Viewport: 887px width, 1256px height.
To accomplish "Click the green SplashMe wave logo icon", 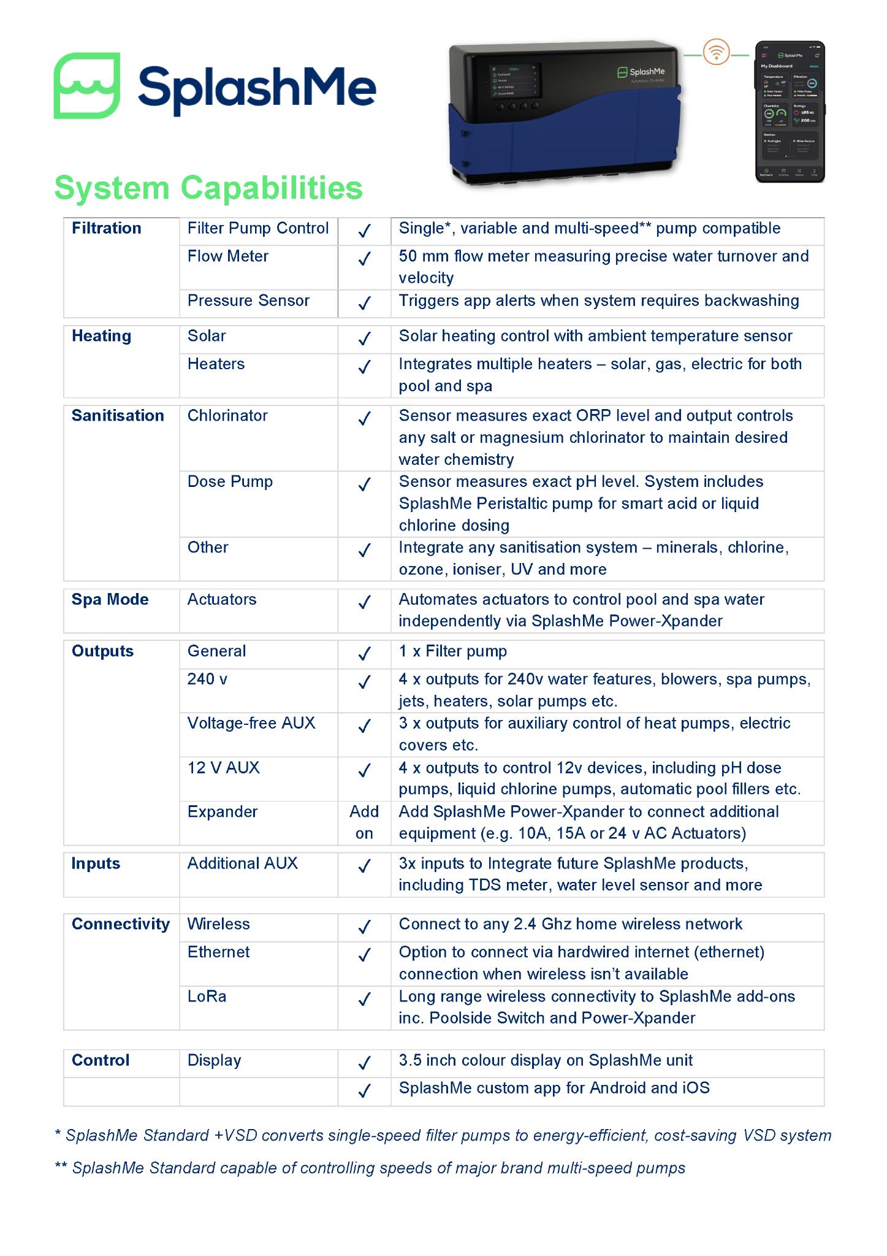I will click(x=86, y=85).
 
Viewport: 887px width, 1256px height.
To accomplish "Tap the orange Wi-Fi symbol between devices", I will click(x=716, y=53).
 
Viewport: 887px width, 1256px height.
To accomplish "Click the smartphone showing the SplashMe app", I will click(x=790, y=112).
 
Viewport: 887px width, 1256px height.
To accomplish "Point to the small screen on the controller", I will click(x=513, y=80).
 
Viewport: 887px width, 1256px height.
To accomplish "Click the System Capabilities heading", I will click(x=208, y=188).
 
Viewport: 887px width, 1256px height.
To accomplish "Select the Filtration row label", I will click(x=106, y=228).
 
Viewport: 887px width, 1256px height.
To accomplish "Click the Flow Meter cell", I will click(x=227, y=256).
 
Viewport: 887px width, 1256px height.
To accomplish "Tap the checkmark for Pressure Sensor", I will click(x=364, y=302).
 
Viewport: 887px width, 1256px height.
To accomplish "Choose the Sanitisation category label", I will click(x=118, y=416).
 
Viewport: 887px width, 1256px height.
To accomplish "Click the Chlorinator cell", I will click(x=227, y=416).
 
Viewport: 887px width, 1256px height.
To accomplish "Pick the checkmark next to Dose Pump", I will click(x=364, y=484).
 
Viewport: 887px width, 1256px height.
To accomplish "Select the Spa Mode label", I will click(x=110, y=600).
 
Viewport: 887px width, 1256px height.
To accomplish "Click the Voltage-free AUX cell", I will click(x=251, y=724).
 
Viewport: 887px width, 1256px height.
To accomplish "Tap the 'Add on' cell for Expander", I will click(x=364, y=822).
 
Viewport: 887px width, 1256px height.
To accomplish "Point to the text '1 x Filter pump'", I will click(x=452, y=651).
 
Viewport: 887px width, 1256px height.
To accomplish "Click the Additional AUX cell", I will click(x=242, y=863).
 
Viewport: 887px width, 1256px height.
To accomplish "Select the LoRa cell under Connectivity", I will click(x=207, y=997).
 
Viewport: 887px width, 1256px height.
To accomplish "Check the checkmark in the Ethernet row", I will click(x=364, y=954).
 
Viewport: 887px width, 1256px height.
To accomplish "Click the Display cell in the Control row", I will click(x=214, y=1060).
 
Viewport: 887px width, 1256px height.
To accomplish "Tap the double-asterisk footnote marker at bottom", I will click(x=61, y=1167).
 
